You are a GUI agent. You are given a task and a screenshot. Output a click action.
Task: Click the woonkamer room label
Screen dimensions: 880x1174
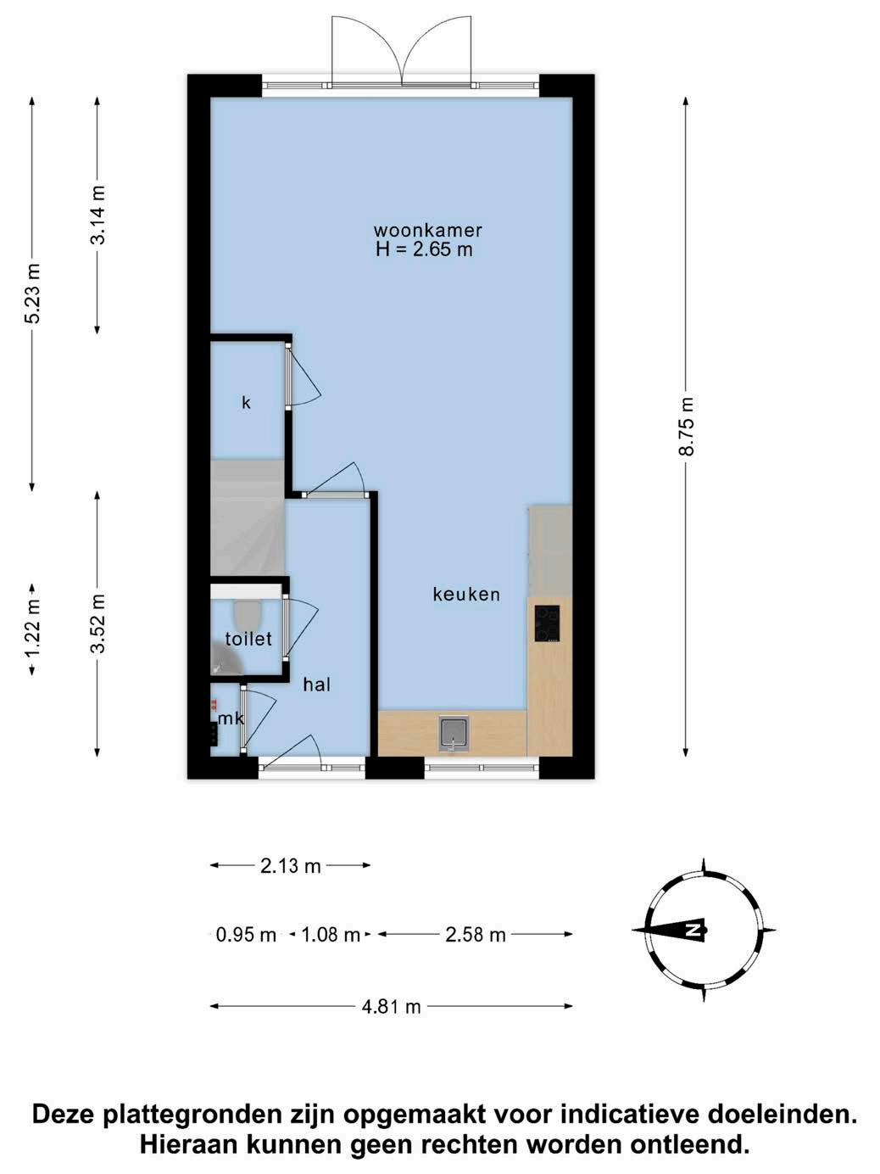click(x=427, y=230)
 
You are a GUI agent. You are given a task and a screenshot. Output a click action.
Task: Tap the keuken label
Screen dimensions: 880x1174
click(x=466, y=595)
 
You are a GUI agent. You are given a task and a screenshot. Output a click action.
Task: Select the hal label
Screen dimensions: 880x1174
click(x=317, y=685)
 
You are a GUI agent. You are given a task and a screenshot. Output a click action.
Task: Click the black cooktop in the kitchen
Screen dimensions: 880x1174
click(x=547, y=623)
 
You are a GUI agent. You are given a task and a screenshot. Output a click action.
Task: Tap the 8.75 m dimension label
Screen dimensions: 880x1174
click(x=686, y=427)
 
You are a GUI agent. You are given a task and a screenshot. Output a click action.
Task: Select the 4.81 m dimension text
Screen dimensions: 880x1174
click(x=391, y=1007)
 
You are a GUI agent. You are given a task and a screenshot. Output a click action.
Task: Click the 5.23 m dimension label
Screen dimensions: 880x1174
click(x=33, y=293)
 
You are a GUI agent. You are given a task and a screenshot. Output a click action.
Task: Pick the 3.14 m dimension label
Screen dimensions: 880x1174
click(x=97, y=215)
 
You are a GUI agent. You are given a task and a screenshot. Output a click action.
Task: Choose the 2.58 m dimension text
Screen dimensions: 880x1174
click(x=475, y=935)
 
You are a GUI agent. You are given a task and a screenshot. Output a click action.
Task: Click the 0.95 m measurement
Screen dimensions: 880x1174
click(x=246, y=935)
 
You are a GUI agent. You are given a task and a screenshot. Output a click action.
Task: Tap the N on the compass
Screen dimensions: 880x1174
click(x=692, y=931)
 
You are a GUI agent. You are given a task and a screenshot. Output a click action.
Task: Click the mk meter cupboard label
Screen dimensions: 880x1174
click(x=231, y=718)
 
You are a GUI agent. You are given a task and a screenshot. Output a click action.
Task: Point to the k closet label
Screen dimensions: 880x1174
click(x=246, y=403)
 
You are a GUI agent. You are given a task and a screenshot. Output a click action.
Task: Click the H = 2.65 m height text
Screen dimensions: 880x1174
click(x=424, y=249)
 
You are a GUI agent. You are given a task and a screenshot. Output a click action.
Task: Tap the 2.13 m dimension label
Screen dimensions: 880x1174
click(x=290, y=866)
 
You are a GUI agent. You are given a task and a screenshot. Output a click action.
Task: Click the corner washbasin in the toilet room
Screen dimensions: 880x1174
click(x=226, y=658)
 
